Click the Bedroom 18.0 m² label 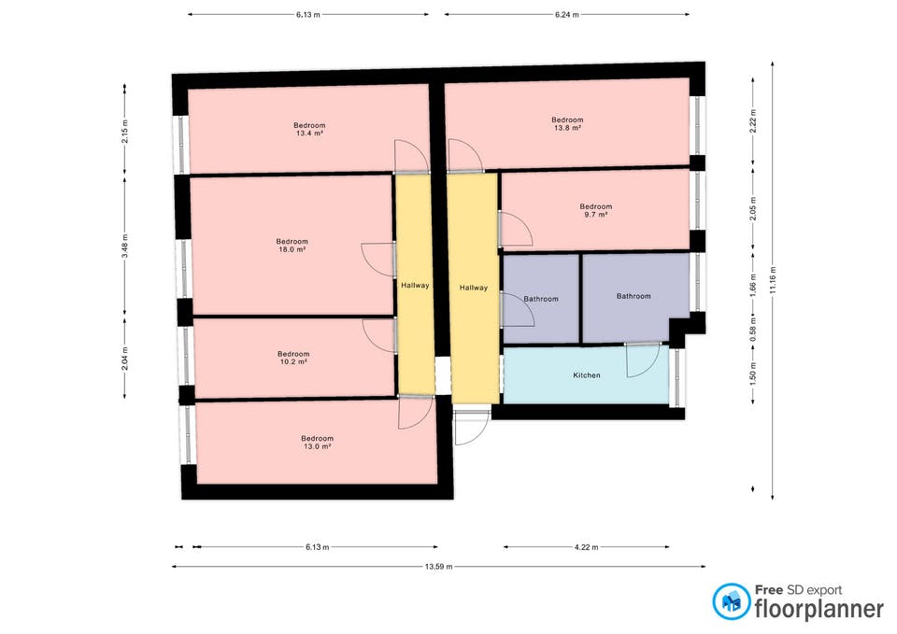[292, 246]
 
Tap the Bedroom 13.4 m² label [309, 129]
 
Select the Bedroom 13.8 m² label [567, 123]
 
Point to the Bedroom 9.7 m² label [595, 210]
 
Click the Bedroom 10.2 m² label [292, 358]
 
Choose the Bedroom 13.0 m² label [317, 443]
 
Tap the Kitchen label [586, 375]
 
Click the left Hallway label [415, 286]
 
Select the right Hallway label [473, 288]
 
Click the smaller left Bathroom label [541, 299]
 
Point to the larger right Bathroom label [633, 296]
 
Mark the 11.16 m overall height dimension [773, 278]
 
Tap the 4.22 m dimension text [586, 547]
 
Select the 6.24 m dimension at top [566, 15]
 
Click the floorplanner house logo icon [731, 601]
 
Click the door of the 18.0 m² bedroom [377, 259]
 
